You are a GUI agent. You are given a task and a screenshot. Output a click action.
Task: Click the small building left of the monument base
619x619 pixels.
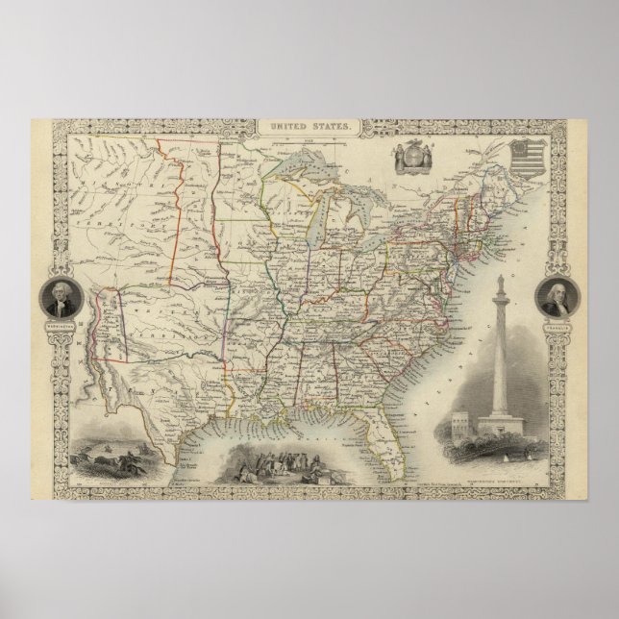459,419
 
